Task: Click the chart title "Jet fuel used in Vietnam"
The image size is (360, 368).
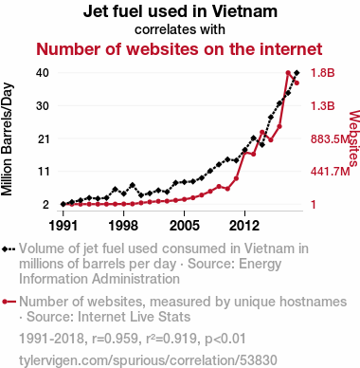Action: tap(180, 11)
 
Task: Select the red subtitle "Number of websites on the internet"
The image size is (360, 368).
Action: tap(179, 49)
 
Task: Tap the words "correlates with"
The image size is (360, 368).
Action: tap(180, 29)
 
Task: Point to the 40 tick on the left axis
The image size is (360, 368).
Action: tap(43, 73)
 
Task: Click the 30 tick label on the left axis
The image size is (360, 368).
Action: tap(43, 105)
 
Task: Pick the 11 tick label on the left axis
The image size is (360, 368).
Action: tap(44, 172)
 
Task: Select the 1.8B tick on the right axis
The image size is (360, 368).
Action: tap(322, 73)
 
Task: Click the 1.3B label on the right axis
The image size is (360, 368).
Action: tap(322, 105)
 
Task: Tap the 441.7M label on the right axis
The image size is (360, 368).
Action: tap(331, 172)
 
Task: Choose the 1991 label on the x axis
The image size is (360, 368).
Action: tap(63, 226)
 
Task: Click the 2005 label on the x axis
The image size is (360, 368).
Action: tap(185, 226)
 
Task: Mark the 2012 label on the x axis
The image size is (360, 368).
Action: tap(244, 226)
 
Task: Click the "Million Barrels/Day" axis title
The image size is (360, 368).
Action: tap(7, 139)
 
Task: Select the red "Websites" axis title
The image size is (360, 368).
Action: tap(354, 138)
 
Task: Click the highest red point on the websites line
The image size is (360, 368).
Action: tap(288, 73)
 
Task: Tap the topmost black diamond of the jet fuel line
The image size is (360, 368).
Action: tap(297, 73)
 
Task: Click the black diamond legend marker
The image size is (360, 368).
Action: tap(5, 248)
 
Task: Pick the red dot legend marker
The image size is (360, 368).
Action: tap(5, 302)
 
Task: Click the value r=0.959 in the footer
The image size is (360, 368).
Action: tap(115, 339)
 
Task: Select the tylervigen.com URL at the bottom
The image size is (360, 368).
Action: tap(148, 360)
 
